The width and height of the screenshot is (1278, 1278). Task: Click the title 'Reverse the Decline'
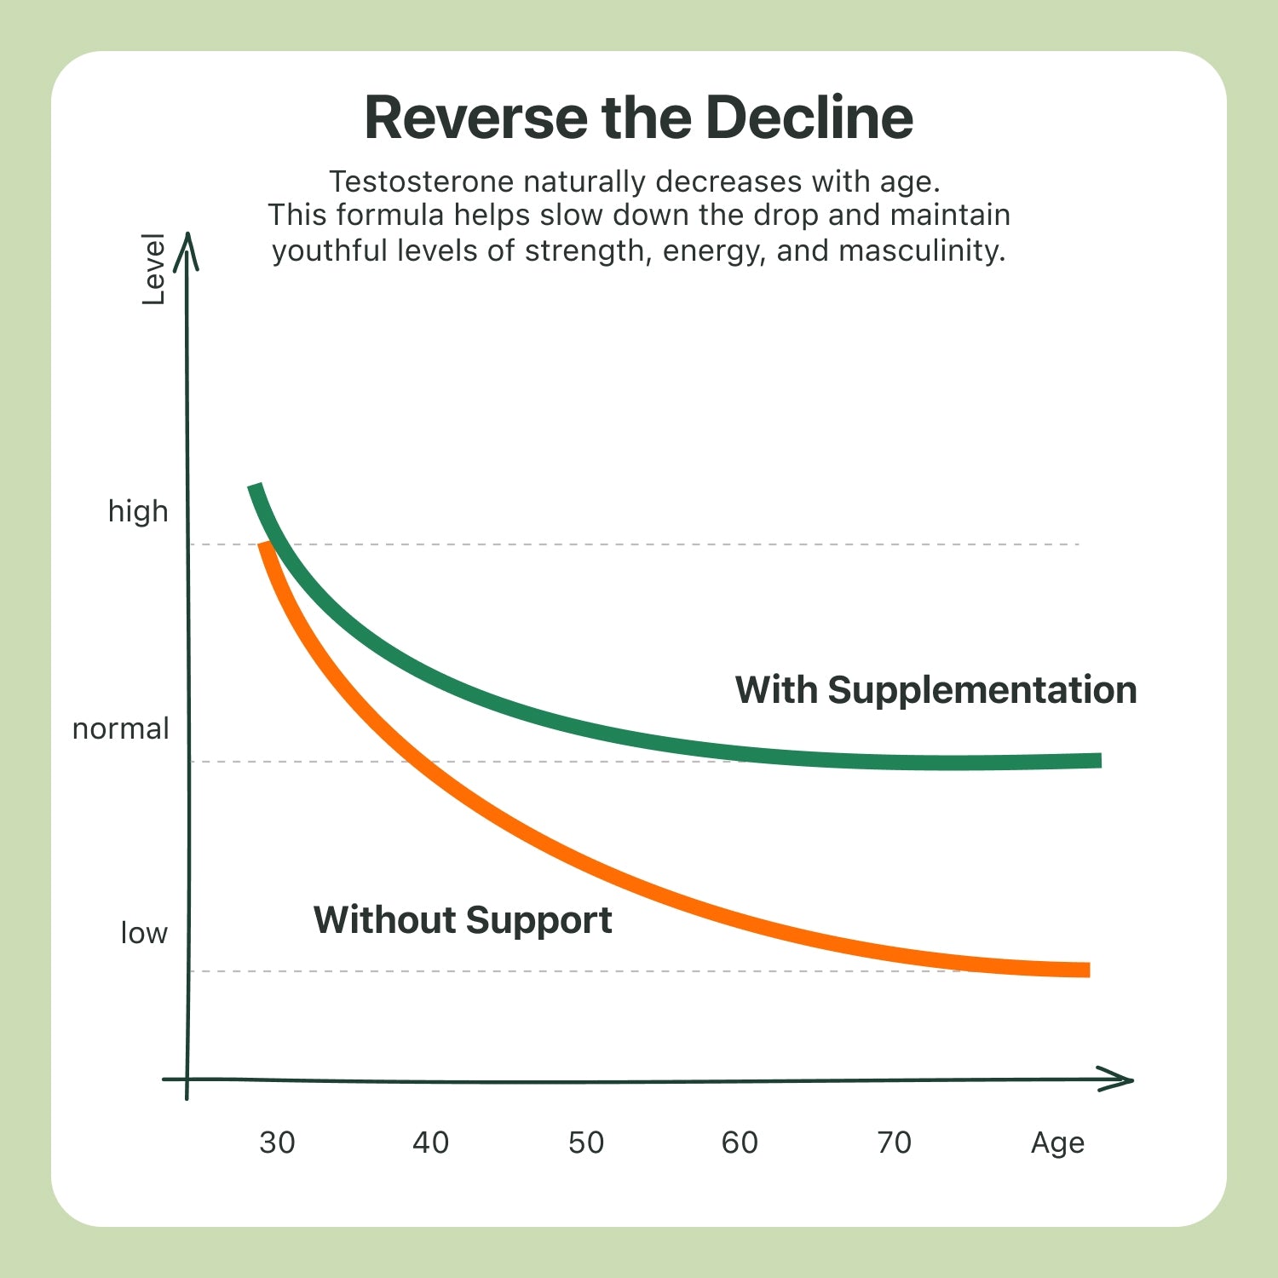point(639,118)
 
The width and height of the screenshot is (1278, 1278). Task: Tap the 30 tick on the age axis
point(277,1143)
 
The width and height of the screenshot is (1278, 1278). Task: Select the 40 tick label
point(430,1143)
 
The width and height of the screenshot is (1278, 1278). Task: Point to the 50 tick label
point(586,1143)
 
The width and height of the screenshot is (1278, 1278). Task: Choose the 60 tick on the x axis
point(740,1143)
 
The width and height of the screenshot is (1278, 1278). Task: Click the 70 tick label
point(894,1143)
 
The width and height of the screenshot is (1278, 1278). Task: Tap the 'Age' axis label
point(1057,1143)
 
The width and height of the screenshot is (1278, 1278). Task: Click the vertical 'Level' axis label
point(153,269)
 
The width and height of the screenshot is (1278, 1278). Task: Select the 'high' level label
point(138,511)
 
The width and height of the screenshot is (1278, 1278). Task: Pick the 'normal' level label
point(121,729)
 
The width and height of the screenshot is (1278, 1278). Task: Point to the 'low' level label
point(144,933)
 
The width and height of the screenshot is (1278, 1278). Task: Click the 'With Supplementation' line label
point(935,690)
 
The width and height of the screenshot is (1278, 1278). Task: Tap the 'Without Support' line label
point(463,920)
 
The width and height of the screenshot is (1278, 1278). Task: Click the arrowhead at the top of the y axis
point(187,247)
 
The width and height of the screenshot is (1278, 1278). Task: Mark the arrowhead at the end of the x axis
point(1120,1079)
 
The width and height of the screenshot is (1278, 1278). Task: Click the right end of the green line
point(1097,760)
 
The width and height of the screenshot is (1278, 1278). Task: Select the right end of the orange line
point(1085,970)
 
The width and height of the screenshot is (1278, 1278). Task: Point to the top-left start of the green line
point(255,489)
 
